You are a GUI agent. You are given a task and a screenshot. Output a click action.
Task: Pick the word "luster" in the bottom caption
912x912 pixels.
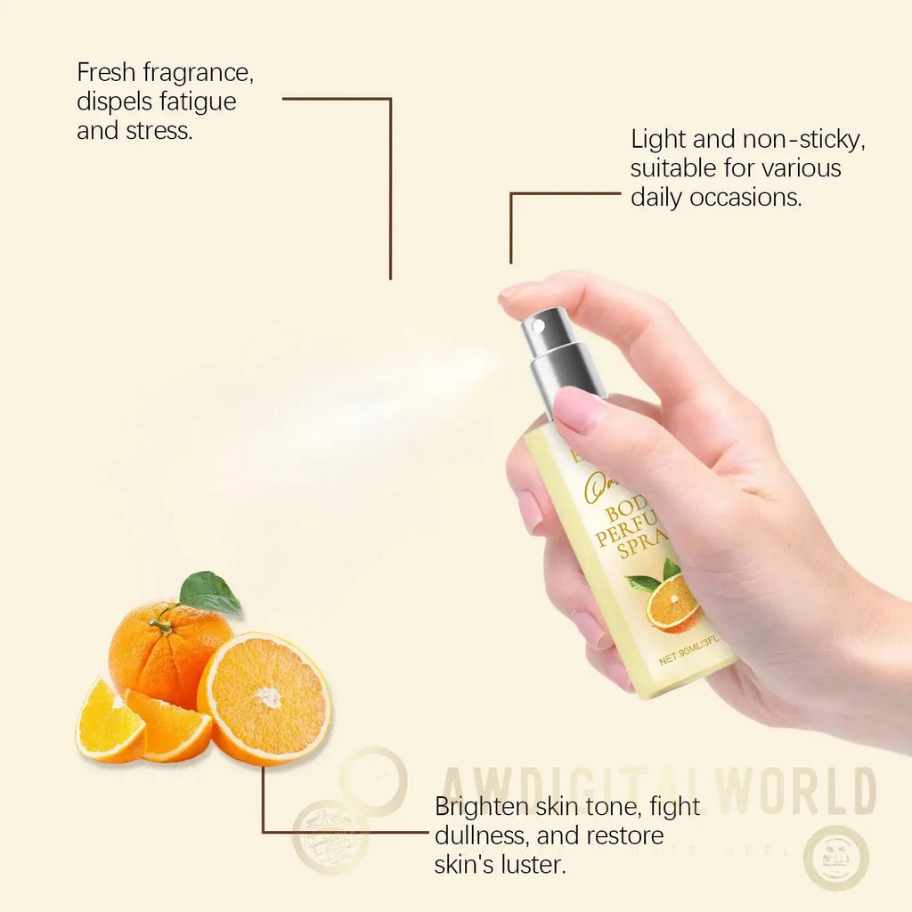(x=533, y=865)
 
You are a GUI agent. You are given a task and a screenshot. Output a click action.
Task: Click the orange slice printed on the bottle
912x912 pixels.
(x=673, y=604)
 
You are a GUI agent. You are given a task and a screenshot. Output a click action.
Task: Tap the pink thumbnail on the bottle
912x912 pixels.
(x=580, y=410)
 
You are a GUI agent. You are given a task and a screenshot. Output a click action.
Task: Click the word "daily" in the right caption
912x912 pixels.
(x=659, y=197)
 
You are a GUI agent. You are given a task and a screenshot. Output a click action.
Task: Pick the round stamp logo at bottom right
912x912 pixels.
(x=836, y=858)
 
